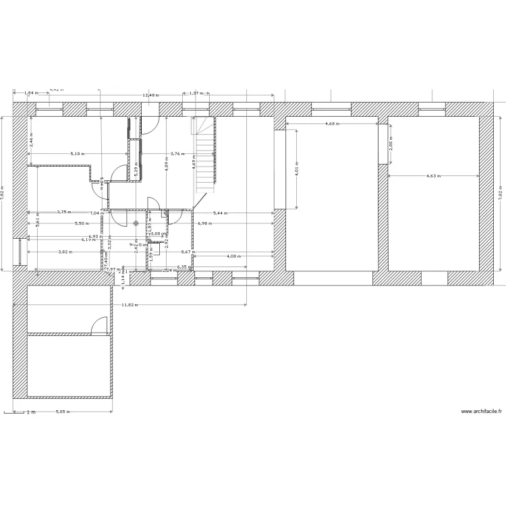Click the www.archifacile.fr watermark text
point(481,412)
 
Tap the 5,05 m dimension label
point(61,412)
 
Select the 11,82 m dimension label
point(129,305)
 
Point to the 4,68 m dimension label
point(332,124)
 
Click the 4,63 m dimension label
point(433,176)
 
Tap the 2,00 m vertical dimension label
point(389,142)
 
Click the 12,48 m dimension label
point(150,95)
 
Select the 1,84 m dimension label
point(30,93)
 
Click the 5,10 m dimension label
point(78,154)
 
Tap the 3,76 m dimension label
point(177,154)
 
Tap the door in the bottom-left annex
point(99,325)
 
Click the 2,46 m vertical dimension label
point(30,140)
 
